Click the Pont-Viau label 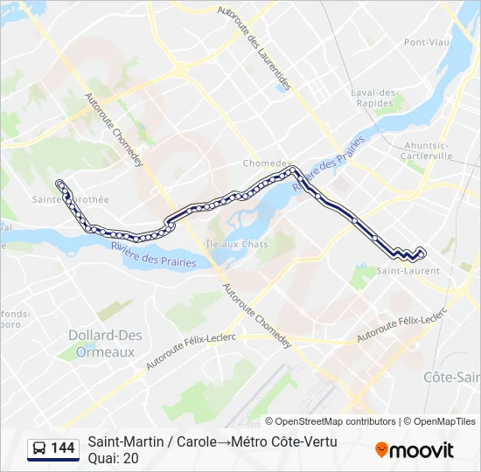pyautogui.click(x=426, y=42)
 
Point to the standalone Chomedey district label pyautogui.click(x=265, y=163)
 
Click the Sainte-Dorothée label pyautogui.click(x=82, y=199)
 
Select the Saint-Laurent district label pyautogui.click(x=408, y=271)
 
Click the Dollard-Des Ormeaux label pyautogui.click(x=101, y=343)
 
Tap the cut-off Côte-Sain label pyautogui.click(x=451, y=377)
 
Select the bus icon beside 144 pyautogui.click(x=39, y=448)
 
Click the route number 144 pyautogui.click(x=63, y=448)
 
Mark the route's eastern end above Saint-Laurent pyautogui.click(x=422, y=252)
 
